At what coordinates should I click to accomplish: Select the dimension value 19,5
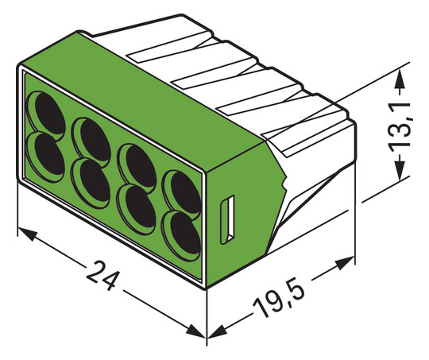280,300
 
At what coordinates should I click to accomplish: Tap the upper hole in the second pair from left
90,133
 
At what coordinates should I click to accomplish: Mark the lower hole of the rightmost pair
181,230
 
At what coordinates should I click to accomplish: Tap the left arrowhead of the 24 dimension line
24,234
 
